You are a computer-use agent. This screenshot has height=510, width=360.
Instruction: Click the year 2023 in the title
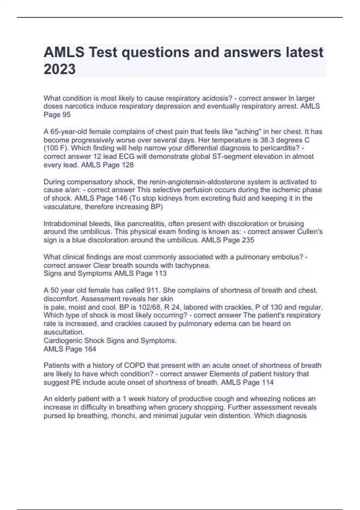tap(59, 69)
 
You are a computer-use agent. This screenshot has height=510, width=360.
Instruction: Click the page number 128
tap(127, 165)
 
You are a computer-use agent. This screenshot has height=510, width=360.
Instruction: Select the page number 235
tap(247, 240)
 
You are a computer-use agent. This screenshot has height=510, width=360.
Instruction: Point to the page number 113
tap(160, 273)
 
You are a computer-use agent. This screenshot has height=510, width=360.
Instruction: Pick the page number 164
tap(90, 349)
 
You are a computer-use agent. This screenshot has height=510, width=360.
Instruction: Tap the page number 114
tap(267, 382)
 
